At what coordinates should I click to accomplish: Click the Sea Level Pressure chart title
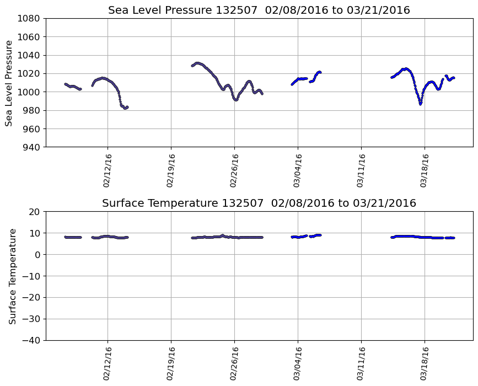[x=259, y=10]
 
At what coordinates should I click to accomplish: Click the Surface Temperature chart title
[x=259, y=203]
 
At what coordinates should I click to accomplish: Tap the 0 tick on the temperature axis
[x=37, y=255]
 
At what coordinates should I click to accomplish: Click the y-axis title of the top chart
[x=9, y=83]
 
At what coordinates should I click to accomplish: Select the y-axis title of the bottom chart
[x=12, y=276]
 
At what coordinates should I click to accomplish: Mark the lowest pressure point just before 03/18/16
[x=420, y=104]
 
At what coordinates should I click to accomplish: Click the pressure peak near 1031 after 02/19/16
[x=197, y=63]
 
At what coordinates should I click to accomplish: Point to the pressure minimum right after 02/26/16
[x=236, y=100]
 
